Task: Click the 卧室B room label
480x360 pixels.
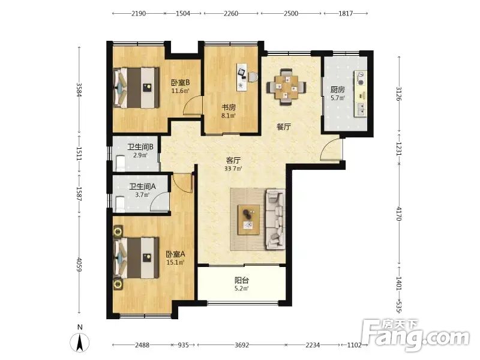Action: click(180, 82)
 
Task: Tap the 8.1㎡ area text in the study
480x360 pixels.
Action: click(229, 116)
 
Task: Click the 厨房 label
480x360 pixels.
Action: click(337, 89)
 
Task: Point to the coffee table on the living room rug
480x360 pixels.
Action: click(248, 220)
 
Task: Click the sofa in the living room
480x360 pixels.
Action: click(275, 219)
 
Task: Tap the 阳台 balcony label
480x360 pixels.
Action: click(242, 280)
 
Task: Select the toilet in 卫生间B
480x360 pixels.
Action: click(121, 163)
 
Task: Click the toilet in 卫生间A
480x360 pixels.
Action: click(120, 204)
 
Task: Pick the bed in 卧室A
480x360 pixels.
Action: click(136, 258)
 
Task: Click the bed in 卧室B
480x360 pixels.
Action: click(137, 88)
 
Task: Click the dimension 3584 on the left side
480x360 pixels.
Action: click(79, 89)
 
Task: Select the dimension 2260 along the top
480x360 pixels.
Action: click(231, 13)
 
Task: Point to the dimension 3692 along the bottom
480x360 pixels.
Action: click(242, 345)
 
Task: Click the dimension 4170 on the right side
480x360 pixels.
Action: click(398, 214)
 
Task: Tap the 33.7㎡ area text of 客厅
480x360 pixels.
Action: click(233, 169)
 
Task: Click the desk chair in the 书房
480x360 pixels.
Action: click(253, 77)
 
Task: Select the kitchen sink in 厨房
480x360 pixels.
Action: click(361, 109)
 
